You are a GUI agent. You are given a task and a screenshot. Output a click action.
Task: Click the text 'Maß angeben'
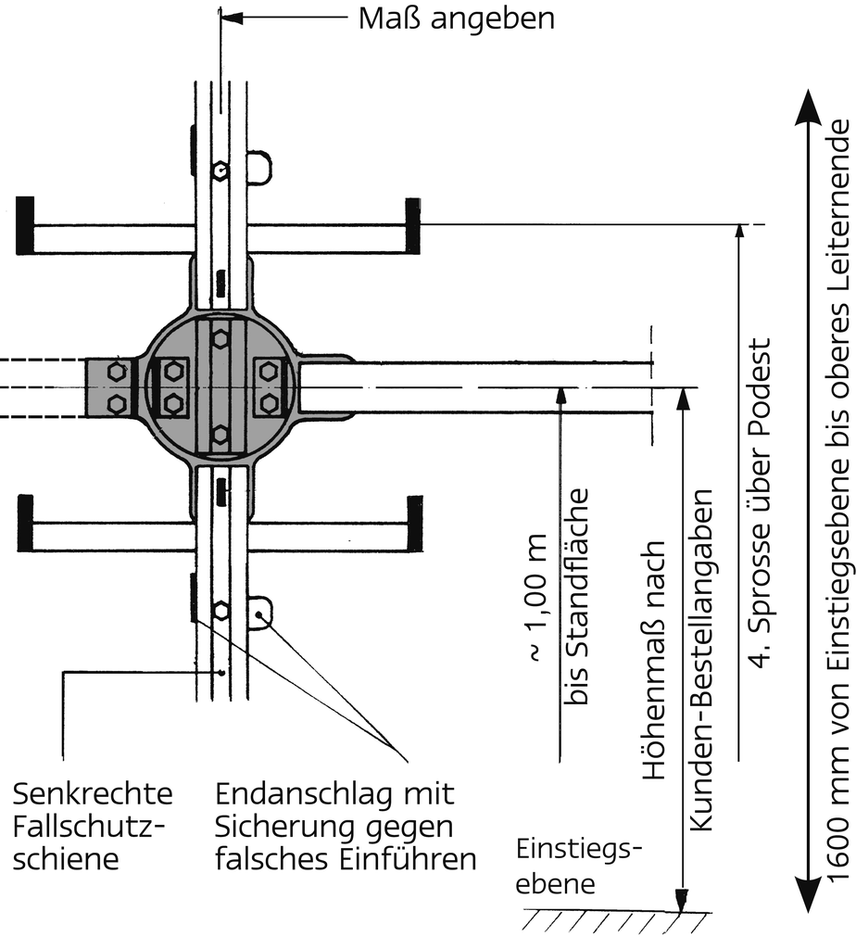(x=457, y=19)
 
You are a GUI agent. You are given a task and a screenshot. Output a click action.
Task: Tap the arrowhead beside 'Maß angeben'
(x=232, y=19)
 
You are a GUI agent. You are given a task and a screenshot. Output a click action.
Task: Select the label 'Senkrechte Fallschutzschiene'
(x=93, y=826)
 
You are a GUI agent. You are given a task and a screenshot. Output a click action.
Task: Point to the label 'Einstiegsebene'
(x=578, y=867)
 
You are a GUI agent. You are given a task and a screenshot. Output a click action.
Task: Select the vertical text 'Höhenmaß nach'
(x=654, y=660)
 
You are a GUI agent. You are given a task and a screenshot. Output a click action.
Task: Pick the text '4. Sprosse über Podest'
(x=760, y=503)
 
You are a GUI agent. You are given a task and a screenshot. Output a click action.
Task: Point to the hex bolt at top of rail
(x=220, y=171)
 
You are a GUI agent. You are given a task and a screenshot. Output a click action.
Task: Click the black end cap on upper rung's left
(x=25, y=225)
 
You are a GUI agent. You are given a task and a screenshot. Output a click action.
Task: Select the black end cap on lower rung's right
(x=415, y=524)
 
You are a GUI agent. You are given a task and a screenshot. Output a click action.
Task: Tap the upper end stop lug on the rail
(x=258, y=167)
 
